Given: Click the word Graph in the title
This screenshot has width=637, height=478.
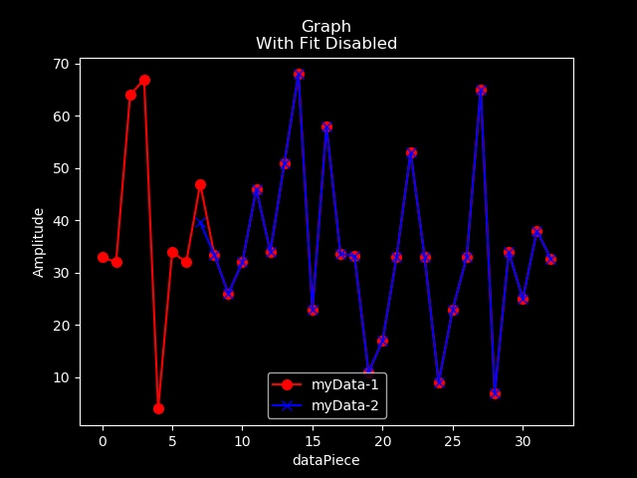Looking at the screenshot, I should pyautogui.click(x=326, y=26).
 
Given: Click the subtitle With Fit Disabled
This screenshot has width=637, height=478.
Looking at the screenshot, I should pyautogui.click(x=326, y=44).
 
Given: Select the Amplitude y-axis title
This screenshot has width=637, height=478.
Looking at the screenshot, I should pyautogui.click(x=39, y=242).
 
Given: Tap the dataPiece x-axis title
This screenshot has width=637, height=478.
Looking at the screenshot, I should pyautogui.click(x=325, y=461).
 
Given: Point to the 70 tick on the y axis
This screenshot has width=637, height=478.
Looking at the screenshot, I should pyautogui.click(x=61, y=64).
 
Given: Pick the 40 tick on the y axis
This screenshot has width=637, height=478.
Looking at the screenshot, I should pyautogui.click(x=61, y=221).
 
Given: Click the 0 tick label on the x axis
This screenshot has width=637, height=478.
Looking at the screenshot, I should pyautogui.click(x=103, y=441).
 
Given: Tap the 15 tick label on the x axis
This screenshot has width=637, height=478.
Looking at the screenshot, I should pyautogui.click(x=313, y=441).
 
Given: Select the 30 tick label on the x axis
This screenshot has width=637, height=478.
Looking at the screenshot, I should pyautogui.click(x=523, y=441).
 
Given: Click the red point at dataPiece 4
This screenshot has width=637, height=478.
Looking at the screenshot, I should pyautogui.click(x=158, y=408).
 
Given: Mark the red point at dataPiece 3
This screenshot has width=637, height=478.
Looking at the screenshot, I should pyautogui.click(x=144, y=80).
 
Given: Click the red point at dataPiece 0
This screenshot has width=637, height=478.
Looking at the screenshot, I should pyautogui.click(x=103, y=257).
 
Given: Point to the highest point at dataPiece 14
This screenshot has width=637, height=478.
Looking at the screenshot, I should pyautogui.click(x=299, y=74).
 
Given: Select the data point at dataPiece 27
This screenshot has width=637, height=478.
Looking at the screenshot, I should pyautogui.click(x=481, y=90).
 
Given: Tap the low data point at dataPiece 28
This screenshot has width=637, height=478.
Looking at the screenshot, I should pyautogui.click(x=495, y=393).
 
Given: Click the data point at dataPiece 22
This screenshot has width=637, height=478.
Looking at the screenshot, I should pyautogui.click(x=411, y=152).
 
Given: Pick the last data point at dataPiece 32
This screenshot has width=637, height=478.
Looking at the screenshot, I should pyautogui.click(x=550, y=259).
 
